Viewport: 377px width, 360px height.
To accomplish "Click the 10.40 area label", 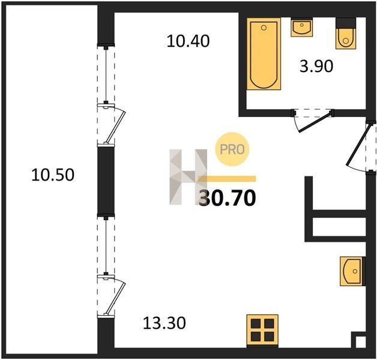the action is click(x=188, y=41).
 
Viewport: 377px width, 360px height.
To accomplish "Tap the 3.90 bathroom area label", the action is click(x=316, y=67).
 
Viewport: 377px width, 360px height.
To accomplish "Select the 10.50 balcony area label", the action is click(x=53, y=175).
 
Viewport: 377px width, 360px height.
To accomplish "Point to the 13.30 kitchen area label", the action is click(x=164, y=323).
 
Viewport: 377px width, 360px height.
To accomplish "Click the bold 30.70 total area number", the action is click(x=227, y=198).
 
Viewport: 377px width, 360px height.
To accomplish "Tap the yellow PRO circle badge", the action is click(x=232, y=149).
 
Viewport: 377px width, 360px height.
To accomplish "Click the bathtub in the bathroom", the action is click(x=264, y=53).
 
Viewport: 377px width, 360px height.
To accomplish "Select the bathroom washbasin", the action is click(x=301, y=27).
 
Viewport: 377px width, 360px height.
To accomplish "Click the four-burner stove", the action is click(x=262, y=331).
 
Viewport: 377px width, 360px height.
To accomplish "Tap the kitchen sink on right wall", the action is click(x=352, y=271).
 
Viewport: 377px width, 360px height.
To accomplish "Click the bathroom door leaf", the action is click(x=314, y=122).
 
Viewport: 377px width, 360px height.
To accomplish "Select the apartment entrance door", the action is click(x=357, y=146).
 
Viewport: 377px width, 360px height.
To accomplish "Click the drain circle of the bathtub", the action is click(x=264, y=28).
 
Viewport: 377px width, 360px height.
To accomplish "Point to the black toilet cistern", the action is click(x=346, y=23).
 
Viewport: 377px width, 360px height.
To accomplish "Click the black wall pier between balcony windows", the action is click(x=106, y=180).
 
